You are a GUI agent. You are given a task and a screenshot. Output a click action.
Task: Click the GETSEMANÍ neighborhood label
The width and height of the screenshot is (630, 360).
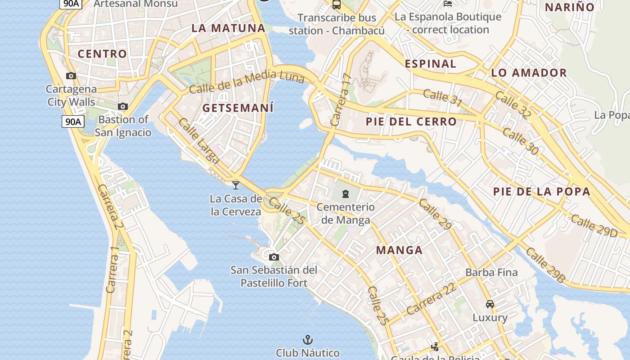point(238,108)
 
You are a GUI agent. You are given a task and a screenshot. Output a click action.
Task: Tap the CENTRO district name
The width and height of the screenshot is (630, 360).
point(102,54)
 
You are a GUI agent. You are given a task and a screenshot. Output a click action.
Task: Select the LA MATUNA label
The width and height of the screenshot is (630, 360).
point(229,28)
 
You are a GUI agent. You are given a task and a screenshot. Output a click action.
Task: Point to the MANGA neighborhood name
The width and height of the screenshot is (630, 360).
point(399,250)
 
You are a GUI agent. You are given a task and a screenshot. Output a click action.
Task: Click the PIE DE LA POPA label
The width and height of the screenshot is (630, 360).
point(541,191)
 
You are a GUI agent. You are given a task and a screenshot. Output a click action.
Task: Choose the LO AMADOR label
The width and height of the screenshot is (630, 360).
point(529,72)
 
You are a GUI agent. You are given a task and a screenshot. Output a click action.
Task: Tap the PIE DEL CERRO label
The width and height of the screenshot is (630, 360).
point(411,121)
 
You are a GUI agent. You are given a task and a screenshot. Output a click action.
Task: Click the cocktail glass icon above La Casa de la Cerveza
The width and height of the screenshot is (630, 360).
point(236,185)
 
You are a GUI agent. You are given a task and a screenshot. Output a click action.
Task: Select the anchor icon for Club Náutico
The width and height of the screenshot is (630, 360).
point(308,340)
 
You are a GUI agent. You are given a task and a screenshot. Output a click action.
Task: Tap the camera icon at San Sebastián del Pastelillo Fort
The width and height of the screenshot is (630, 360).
point(274,257)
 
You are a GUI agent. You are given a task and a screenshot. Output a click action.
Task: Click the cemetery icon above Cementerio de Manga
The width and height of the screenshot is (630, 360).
point(345,194)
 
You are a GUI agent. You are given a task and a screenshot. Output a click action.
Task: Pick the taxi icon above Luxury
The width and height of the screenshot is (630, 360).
point(490,304)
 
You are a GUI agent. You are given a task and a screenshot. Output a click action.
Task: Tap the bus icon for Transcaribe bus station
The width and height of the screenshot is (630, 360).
point(336,5)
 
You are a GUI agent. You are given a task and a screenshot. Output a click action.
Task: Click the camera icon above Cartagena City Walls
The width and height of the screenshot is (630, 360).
point(71,76)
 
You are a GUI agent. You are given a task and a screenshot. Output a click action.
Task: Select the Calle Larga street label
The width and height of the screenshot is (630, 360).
point(198,140)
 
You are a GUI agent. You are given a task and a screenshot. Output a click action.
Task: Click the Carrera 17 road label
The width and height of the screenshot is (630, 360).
point(340,100)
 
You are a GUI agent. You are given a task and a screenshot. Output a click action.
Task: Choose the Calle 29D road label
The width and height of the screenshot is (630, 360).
point(594,225)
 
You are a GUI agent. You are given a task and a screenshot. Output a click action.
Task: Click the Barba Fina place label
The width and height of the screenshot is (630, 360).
point(491,272)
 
